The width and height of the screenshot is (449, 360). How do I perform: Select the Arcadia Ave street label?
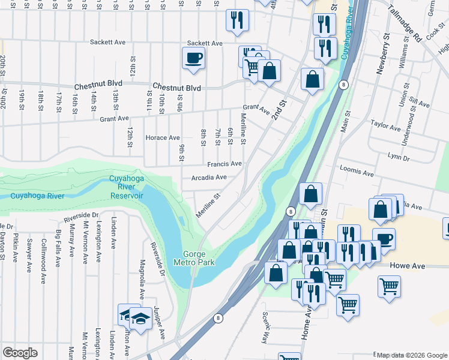pos(209,178)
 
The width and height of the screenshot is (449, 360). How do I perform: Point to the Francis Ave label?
pos(224,164)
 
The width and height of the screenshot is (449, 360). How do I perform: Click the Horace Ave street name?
pos(163,138)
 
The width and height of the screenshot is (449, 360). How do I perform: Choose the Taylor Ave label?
pos(385,127)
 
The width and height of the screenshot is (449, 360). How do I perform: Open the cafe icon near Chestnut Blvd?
pos(193,59)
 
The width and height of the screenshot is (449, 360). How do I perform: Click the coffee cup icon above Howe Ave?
pos(384,239)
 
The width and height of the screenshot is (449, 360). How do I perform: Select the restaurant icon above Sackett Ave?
pos(237,20)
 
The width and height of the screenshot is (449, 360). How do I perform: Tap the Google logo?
pos(20,353)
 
